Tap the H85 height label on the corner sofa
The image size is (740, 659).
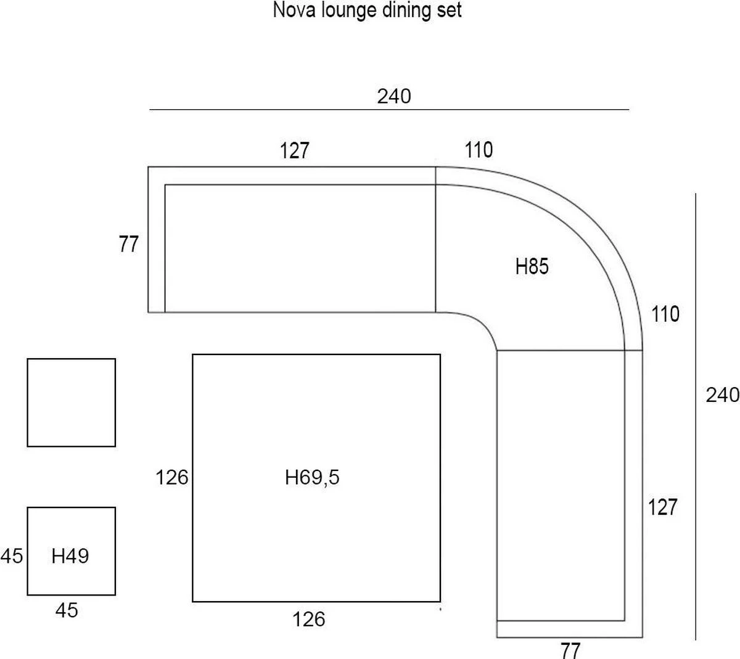click(532, 267)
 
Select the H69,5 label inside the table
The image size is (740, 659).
click(312, 477)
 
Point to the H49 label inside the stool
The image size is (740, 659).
click(70, 556)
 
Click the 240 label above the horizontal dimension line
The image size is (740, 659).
click(393, 96)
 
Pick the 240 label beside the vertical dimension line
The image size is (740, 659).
click(722, 395)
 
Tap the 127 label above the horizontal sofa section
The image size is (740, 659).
click(295, 150)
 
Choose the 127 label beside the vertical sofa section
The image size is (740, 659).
click(662, 507)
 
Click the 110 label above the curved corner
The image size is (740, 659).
click(479, 150)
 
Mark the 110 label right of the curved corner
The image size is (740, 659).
click(665, 314)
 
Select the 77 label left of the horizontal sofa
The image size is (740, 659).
click(129, 245)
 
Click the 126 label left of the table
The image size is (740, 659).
click(171, 477)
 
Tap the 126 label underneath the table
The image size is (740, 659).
click(309, 619)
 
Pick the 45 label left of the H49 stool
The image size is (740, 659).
click(12, 556)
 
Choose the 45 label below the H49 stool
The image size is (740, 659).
click(67, 610)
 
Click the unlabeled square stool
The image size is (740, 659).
click(72, 403)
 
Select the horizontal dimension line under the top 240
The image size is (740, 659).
click(388, 110)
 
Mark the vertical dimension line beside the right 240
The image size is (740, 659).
click(696, 416)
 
